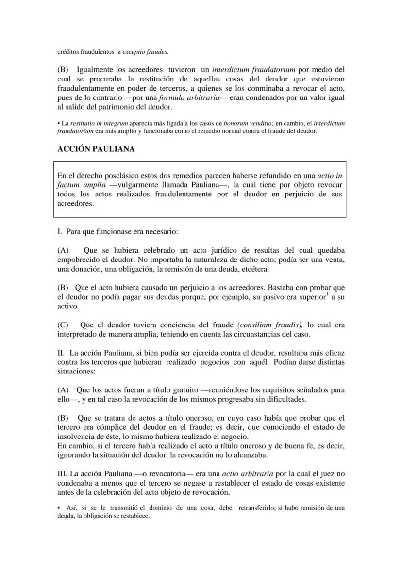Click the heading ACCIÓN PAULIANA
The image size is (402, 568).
pos(96,149)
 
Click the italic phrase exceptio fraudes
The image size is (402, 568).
pos(152,51)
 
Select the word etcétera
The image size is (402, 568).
pos(253,269)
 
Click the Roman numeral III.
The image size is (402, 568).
pos(63,473)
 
